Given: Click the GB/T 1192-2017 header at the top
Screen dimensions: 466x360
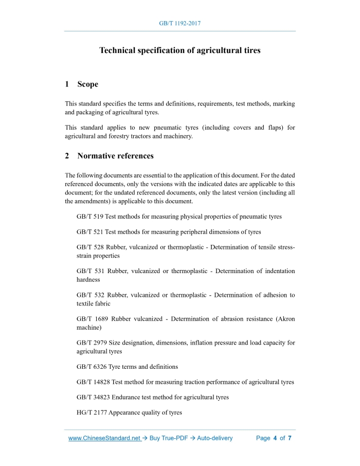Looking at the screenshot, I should (180, 24).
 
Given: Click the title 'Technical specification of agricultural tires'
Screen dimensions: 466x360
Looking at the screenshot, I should (180, 50).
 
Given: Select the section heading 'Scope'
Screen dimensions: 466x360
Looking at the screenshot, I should (87, 84).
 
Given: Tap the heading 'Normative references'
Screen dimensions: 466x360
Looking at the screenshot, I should (115, 155).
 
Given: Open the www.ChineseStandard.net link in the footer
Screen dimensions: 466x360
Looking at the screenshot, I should (104, 438).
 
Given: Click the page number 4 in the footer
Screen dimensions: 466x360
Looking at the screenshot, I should (275, 438).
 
